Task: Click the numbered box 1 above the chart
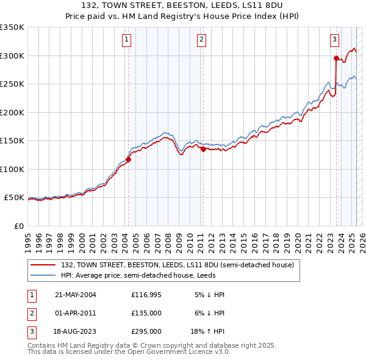click(126, 40)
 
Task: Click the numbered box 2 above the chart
click(201, 40)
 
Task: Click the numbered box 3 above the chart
click(335, 40)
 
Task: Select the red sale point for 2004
click(129, 160)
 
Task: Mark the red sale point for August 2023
click(336, 59)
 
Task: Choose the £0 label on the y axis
click(18, 226)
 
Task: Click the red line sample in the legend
click(44, 265)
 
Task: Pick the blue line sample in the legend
click(44, 275)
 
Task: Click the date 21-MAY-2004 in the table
click(75, 295)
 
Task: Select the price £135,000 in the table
click(146, 313)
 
